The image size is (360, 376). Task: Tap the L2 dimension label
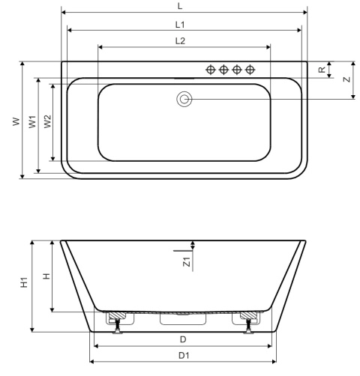pos(180,41)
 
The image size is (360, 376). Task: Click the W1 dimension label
pos(32,121)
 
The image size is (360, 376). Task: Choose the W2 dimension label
pos(47,121)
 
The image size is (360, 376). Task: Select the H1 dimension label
pos(24,282)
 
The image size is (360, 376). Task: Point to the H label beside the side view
pos(45,276)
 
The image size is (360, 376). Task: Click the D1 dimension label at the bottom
pos(183,354)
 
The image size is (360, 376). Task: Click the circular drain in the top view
pos(184,99)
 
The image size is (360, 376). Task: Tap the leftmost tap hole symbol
pos(211,70)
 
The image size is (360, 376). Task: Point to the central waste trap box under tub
pos(183,319)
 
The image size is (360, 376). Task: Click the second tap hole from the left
pos(224,70)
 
